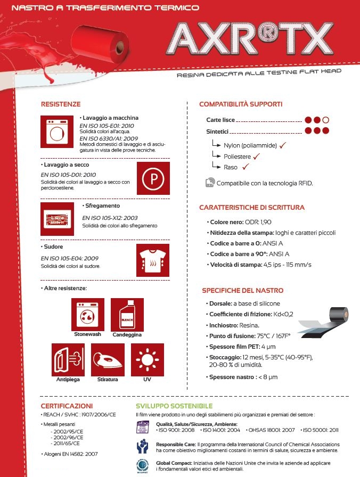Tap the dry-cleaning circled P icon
click(153, 178)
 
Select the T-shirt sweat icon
click(153, 260)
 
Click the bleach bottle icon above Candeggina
click(127, 315)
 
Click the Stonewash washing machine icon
click(87, 315)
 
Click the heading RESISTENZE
click(61, 104)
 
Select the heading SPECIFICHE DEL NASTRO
click(242, 291)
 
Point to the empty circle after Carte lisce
click(326, 120)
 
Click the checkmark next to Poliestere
click(256, 157)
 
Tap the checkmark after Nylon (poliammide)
click(283, 145)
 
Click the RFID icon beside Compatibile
click(209, 183)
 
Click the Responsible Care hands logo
click(142, 446)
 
